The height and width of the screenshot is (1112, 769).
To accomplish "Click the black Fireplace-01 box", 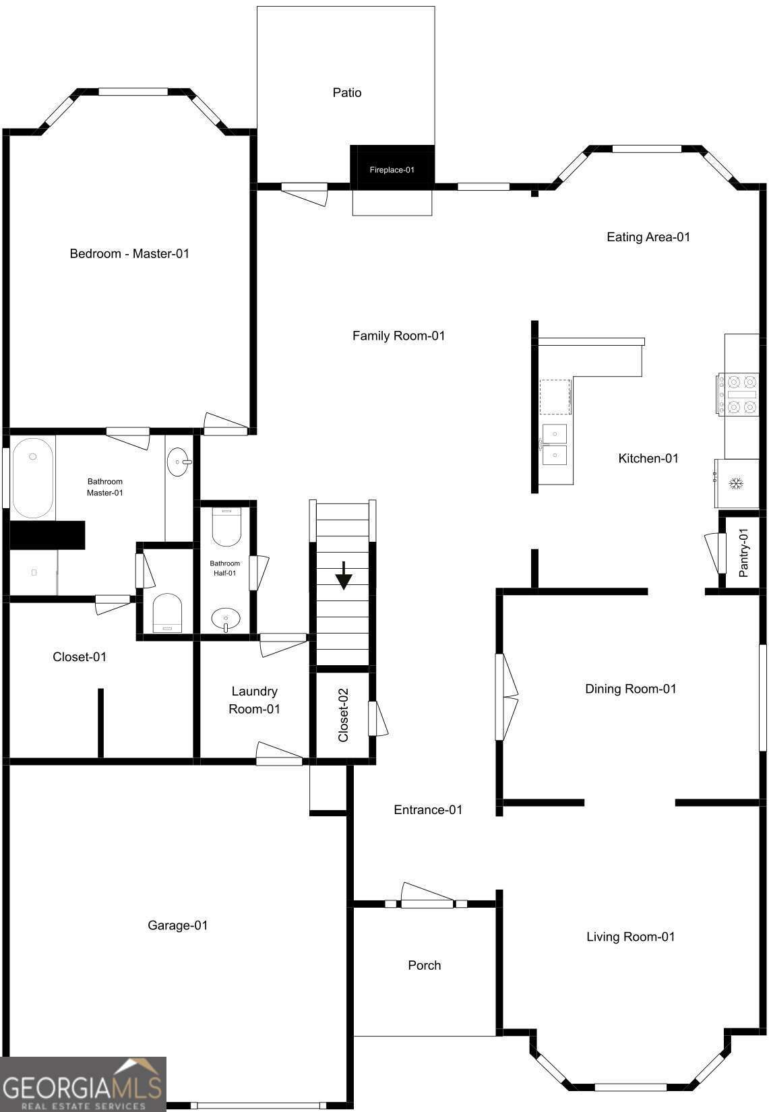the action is click(x=392, y=167).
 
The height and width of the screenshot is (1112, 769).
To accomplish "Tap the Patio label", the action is click(x=347, y=93).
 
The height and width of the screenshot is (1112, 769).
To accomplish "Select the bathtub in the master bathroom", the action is click(x=33, y=478).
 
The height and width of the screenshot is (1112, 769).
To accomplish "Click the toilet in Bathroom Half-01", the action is click(x=226, y=526).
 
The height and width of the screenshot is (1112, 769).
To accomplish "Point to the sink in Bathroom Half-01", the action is click(x=226, y=619).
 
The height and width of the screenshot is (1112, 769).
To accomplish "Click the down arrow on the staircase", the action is click(x=344, y=576).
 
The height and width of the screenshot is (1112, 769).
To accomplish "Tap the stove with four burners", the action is click(x=737, y=395).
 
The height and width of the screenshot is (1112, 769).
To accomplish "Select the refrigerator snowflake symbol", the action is click(x=736, y=483).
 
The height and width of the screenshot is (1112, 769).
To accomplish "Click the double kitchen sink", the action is click(x=555, y=444).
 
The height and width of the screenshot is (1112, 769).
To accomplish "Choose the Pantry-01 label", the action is click(x=743, y=553).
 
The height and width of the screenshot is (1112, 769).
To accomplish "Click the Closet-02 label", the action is click(x=343, y=715).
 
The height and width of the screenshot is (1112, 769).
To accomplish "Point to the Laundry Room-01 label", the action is click(x=254, y=700).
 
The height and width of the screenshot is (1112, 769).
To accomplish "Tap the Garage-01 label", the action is click(x=178, y=925).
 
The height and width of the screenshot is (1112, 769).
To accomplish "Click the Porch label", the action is click(x=425, y=965).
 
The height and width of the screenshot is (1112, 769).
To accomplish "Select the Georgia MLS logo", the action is click(x=83, y=1084).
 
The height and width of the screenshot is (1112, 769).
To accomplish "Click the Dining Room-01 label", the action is click(x=630, y=689).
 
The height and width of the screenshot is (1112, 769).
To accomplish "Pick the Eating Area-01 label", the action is click(x=648, y=237).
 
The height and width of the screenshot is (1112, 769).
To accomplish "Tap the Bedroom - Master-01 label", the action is click(x=129, y=253).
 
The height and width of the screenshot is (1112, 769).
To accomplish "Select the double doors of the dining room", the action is click(x=506, y=697).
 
